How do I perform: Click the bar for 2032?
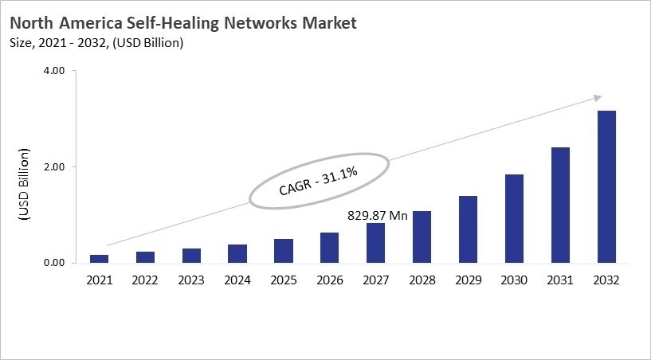tap(606, 187)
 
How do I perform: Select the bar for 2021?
tap(100, 258)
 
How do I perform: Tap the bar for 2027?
tap(375, 243)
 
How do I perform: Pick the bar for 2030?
tap(514, 218)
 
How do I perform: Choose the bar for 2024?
tap(237, 253)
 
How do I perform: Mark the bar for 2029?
tap(468, 229)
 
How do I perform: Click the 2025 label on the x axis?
tap(283, 280)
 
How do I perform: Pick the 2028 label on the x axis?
tap(422, 280)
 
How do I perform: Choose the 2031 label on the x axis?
tap(560, 280)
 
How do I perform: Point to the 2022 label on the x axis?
tap(145, 280)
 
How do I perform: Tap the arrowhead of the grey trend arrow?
tap(598, 98)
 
